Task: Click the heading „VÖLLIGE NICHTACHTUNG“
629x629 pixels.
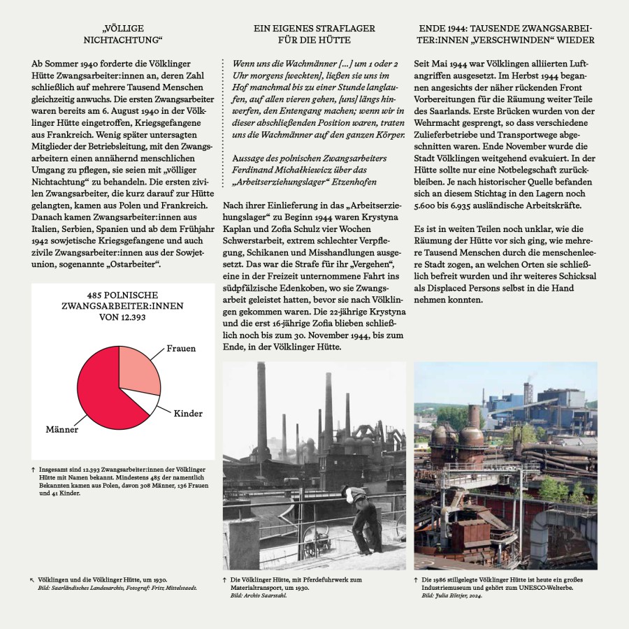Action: [122, 34]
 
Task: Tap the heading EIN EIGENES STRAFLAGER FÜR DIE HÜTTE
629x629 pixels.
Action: [314, 34]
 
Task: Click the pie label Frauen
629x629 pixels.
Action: [181, 348]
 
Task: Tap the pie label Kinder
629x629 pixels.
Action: [188, 413]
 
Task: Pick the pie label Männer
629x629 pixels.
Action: [62, 429]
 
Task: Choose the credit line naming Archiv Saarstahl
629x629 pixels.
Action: [252, 595]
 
